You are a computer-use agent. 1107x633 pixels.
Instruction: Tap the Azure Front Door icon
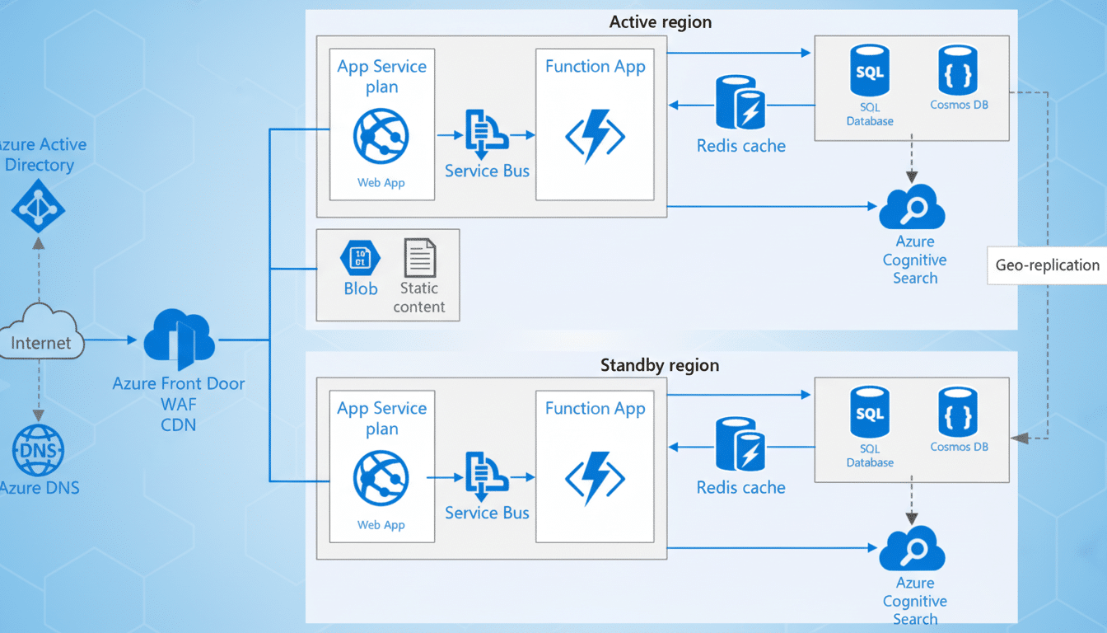coord(179,340)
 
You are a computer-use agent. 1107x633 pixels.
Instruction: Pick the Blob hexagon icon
coord(360,258)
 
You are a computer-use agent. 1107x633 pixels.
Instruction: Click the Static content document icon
coord(420,258)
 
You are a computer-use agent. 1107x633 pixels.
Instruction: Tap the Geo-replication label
coord(1047,265)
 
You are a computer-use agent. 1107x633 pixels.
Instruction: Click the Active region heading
coord(660,22)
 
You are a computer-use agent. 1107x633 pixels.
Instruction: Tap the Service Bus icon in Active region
coord(486,134)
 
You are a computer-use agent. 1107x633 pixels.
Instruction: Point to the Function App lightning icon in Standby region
coord(595,479)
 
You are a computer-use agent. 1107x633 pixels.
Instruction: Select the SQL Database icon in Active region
coord(870,72)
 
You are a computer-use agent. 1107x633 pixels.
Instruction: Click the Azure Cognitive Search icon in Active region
coord(912,208)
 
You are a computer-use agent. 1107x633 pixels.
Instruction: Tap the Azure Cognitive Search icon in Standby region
coord(912,549)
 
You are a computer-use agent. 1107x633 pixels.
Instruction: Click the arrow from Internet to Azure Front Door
coord(111,340)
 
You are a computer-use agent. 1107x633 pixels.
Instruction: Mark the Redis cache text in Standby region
coord(740,487)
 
